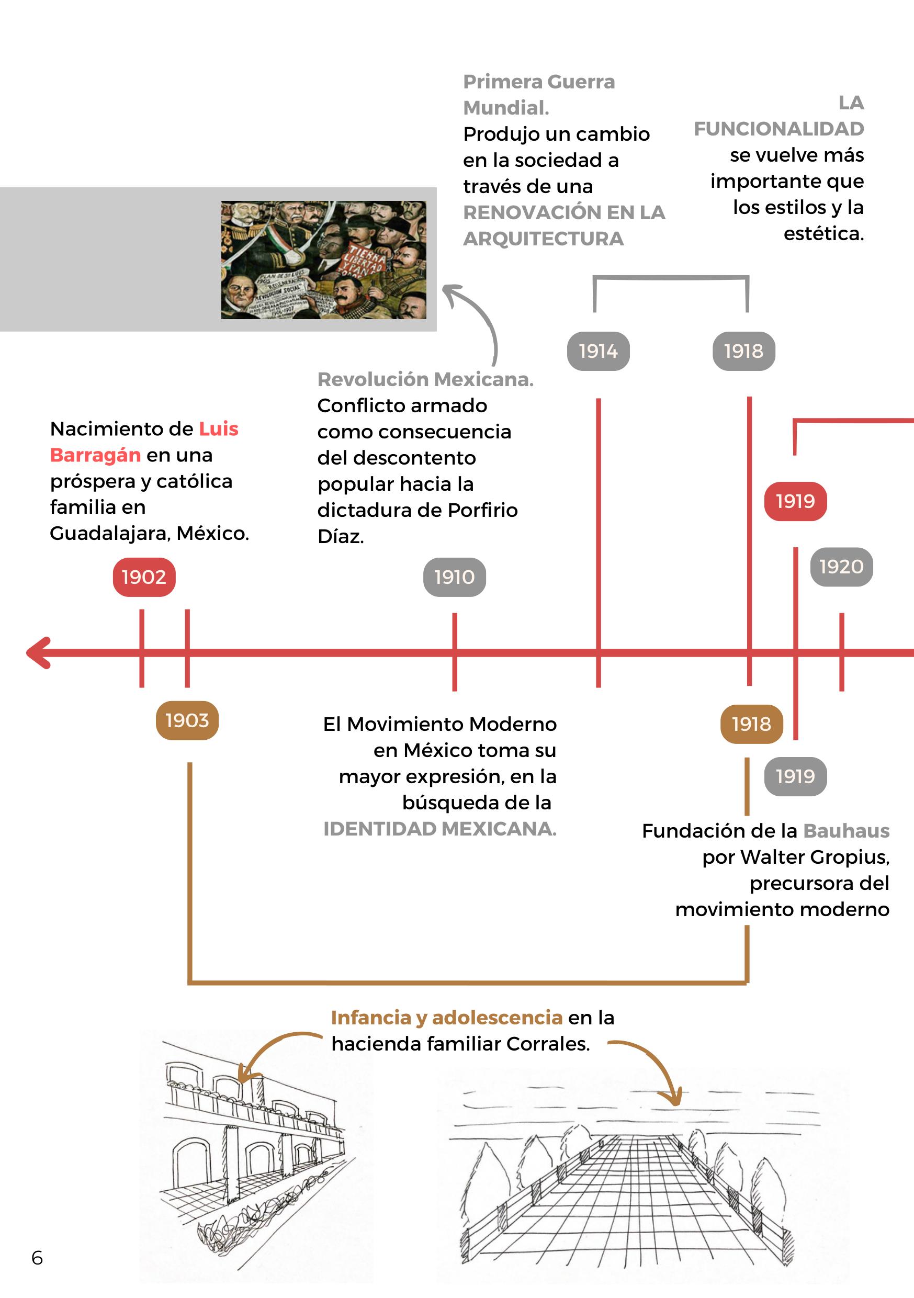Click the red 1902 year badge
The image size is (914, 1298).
click(x=144, y=577)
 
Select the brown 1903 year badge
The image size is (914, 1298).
click(x=187, y=720)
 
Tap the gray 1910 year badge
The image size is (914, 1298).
click(x=455, y=577)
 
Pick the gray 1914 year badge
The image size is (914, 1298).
click(x=598, y=351)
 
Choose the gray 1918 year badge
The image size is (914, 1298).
click(x=743, y=351)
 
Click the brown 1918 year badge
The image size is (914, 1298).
click(x=751, y=724)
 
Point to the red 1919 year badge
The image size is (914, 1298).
click(x=795, y=501)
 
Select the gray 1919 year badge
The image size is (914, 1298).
click(x=795, y=776)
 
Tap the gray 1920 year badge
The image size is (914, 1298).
click(x=841, y=567)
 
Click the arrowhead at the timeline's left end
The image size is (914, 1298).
click(x=38, y=653)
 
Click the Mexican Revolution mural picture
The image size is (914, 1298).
click(x=323, y=259)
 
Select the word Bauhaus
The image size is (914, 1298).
click(x=846, y=830)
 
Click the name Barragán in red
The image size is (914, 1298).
click(x=95, y=455)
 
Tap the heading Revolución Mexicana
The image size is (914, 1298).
click(x=425, y=379)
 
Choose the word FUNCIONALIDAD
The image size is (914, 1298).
click(x=778, y=129)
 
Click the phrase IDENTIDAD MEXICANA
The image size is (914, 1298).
click(x=440, y=829)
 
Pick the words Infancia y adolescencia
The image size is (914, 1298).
click(x=447, y=1018)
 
